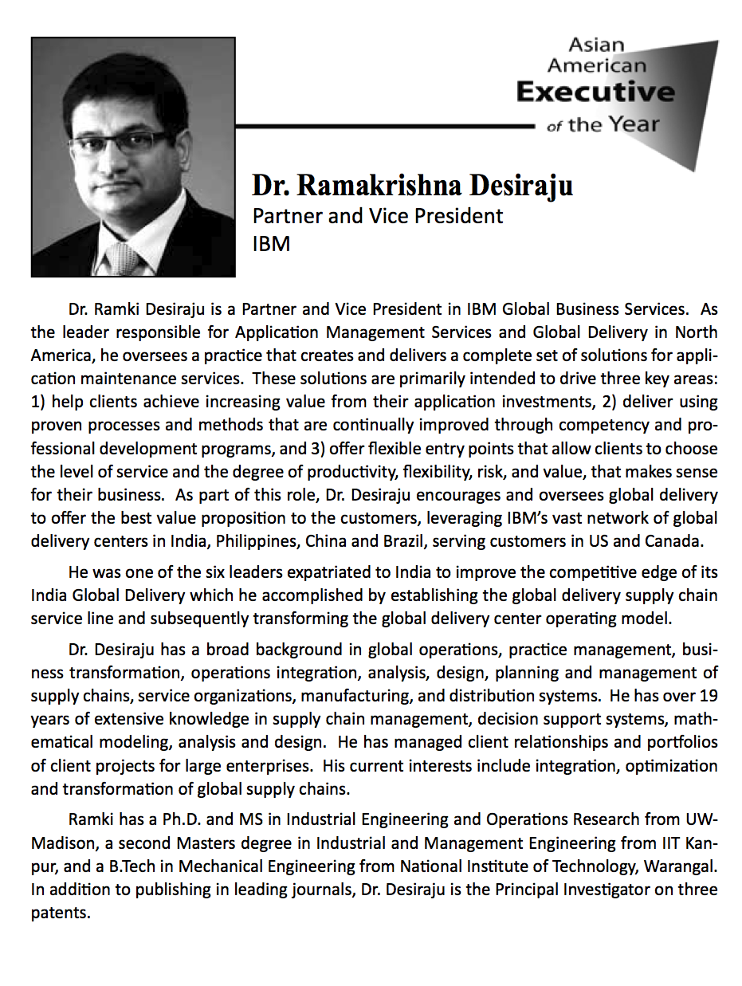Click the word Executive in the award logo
tap(595, 92)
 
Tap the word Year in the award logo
tap(634, 124)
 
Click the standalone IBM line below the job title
tap(271, 243)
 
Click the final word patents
tap(59, 913)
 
